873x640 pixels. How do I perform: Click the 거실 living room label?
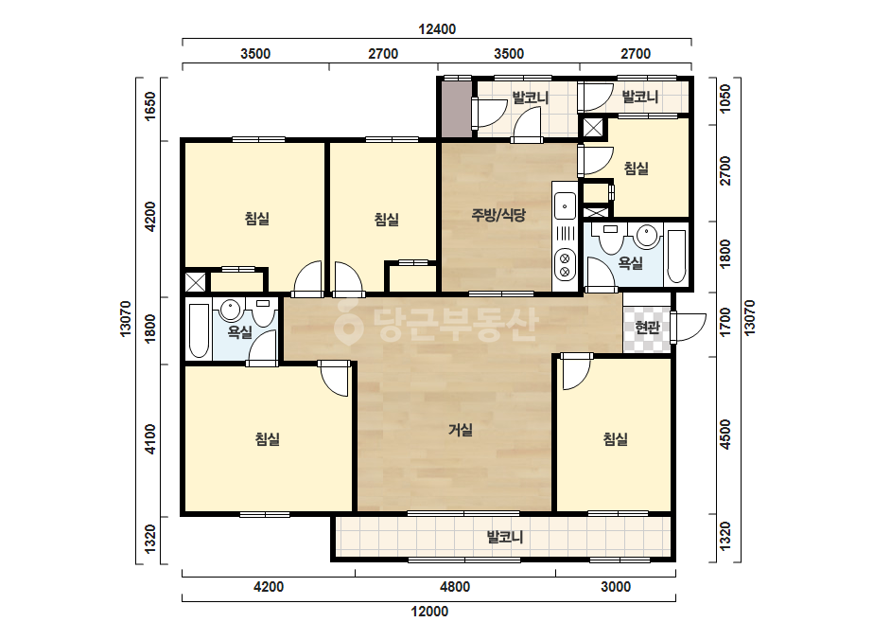461,430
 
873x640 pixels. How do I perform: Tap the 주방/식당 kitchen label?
498,215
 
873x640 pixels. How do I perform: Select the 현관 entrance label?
647,328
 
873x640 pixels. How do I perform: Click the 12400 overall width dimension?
437,29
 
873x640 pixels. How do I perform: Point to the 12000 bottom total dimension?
429,612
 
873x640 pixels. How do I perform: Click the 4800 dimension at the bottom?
455,587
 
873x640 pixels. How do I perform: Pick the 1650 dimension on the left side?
150,106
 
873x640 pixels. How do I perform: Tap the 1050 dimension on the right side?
725,98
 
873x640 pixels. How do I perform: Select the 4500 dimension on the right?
725,436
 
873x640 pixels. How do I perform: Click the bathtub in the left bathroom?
199,331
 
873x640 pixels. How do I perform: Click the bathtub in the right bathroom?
676,256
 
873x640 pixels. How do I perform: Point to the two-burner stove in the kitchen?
565,265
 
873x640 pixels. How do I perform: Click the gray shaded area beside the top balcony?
457,109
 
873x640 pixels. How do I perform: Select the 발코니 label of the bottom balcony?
504,538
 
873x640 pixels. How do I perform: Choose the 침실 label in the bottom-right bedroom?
615,439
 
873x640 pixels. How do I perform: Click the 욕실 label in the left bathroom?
240,332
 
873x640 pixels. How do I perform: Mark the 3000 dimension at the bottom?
615,587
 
